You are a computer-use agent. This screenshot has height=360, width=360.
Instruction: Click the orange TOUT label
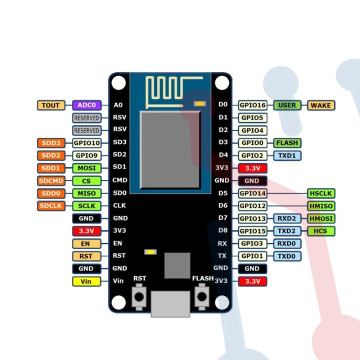tap(51, 105)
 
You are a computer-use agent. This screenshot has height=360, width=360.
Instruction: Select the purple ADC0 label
tap(86, 105)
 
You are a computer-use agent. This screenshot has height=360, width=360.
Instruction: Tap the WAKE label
tap(320, 105)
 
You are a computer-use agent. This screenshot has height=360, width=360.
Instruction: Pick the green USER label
tap(287, 105)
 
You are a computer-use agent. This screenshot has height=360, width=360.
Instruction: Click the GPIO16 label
tap(252, 105)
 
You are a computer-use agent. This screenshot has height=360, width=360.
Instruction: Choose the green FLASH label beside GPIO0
tap(287, 143)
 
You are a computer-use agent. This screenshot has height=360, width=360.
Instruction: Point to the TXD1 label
tap(287, 155)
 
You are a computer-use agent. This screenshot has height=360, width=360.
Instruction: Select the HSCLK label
tap(320, 193)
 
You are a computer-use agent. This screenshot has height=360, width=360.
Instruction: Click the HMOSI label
tap(320, 218)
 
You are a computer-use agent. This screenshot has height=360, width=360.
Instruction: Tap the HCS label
tap(320, 231)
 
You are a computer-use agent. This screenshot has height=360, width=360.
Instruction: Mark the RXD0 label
tap(287, 243)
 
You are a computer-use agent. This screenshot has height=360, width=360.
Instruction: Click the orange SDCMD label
tap(51, 180)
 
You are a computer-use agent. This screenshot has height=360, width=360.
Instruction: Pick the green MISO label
tap(86, 193)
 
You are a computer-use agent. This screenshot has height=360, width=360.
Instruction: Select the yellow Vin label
tap(86, 281)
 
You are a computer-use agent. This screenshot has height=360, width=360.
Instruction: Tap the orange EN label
tap(86, 243)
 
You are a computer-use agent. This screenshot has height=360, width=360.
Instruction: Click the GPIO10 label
tap(86, 143)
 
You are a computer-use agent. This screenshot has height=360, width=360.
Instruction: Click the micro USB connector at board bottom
tap(170, 303)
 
